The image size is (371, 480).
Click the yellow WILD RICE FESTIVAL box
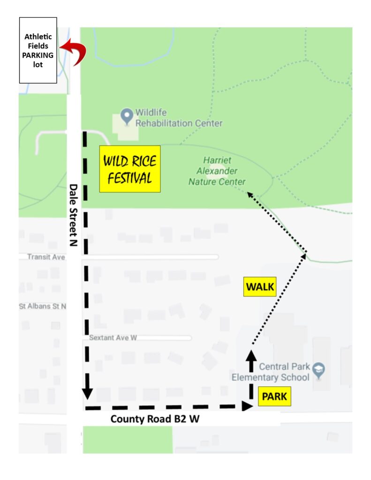coord(130,169)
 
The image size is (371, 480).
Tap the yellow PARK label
coord(274,397)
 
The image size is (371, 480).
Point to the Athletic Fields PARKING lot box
coord(38,50)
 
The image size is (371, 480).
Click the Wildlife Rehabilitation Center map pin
coord(127,116)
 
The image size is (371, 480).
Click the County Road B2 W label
coord(155,419)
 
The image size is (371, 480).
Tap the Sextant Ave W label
coord(113,337)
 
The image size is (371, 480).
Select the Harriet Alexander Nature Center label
coord(217,171)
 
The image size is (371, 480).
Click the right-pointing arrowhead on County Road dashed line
coord(246,406)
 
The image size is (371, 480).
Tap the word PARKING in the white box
coord(38,55)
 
